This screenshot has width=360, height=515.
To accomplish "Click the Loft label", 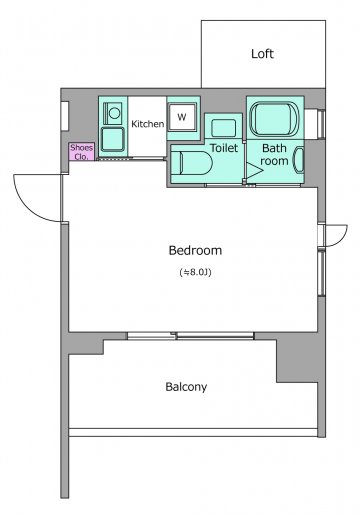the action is tap(262, 54).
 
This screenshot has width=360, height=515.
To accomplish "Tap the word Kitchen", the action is tap(148, 124).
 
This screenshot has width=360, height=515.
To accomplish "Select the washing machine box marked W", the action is tap(182, 117).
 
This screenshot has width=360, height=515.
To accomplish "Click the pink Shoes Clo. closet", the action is tap(81, 152).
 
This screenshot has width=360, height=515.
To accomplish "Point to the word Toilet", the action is tap(224, 148).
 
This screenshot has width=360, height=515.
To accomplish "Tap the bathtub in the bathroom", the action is tap(275, 119).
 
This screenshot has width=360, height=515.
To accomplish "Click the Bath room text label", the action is tap(274, 154).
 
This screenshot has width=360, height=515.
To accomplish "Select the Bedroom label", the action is tap(195, 250).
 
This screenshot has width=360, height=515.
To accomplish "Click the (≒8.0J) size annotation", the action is tap(195, 272).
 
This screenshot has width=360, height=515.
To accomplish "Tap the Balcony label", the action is tap(186, 387).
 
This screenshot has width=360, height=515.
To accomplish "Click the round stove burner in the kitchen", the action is tap(114, 113).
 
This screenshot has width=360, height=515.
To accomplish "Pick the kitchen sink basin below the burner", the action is tap(113, 139).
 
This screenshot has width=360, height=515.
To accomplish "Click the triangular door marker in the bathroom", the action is tap(254, 170).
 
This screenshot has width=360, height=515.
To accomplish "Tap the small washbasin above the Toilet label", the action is tap(224, 128).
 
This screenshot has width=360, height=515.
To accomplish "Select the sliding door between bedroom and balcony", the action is tap(191, 335).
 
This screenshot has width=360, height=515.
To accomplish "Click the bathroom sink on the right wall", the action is tap(299, 160).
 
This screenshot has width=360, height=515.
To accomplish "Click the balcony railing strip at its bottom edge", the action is tap(193, 432).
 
